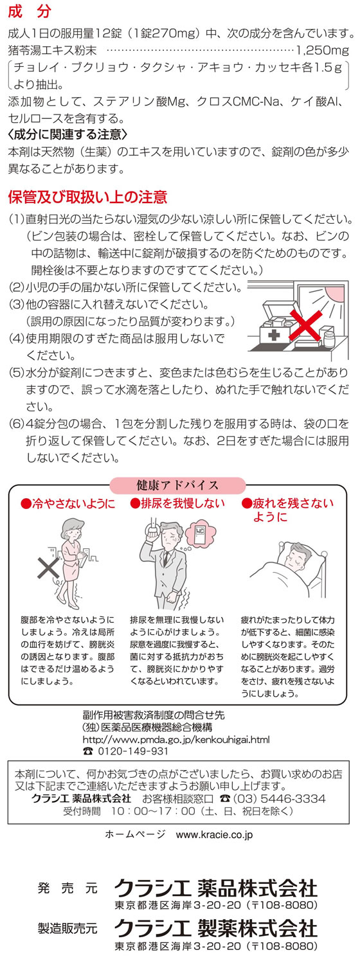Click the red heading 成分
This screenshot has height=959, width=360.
(30, 12)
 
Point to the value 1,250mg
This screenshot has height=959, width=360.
(323, 51)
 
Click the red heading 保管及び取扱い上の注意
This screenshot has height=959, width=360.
(88, 197)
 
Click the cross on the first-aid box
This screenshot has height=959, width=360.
(273, 334)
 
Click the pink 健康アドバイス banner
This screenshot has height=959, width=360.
(177, 485)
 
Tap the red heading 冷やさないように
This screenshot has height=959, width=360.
(68, 503)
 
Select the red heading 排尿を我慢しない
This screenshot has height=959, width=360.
(177, 503)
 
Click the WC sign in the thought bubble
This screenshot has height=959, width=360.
(200, 532)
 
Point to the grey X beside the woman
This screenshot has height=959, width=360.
(48, 568)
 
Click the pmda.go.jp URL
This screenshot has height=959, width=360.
(176, 739)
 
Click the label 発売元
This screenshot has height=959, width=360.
(67, 888)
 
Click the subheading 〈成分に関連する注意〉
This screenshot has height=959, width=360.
(67, 135)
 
